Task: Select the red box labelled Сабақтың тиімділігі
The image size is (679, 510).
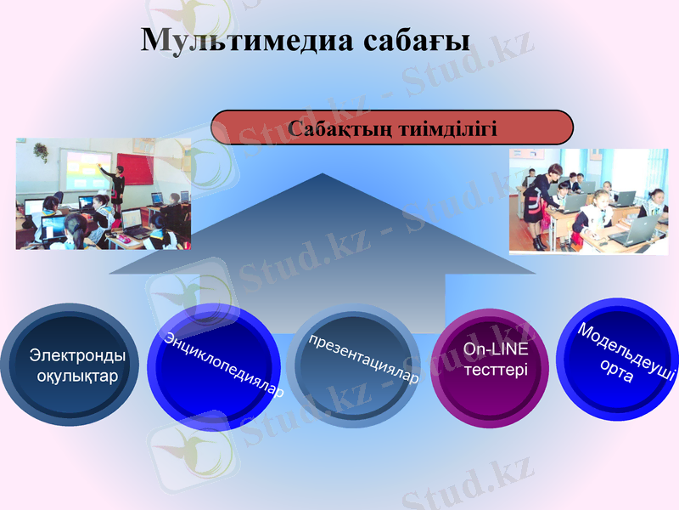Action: (392, 127)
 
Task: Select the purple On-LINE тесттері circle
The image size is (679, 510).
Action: (497, 361)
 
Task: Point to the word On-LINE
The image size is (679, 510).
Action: (497, 350)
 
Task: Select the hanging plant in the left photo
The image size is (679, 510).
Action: (40, 151)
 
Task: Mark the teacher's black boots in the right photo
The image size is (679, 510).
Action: (541, 241)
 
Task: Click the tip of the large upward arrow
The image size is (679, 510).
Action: (323, 176)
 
